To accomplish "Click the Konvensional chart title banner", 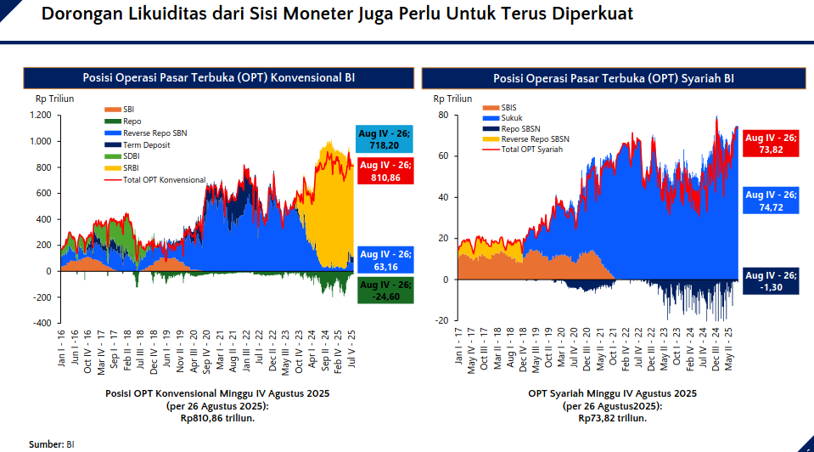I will click(218, 77).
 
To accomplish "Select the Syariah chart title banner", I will click(613, 78).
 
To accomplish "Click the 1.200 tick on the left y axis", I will click(41, 116).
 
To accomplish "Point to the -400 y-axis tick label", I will click(42, 323).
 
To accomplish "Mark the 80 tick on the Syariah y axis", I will click(443, 115).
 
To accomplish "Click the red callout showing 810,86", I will click(385, 172).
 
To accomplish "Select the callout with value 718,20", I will click(385, 139).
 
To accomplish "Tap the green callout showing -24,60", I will click(385, 290).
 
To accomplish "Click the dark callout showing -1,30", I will click(771, 281).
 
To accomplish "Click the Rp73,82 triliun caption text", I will click(612, 418).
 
